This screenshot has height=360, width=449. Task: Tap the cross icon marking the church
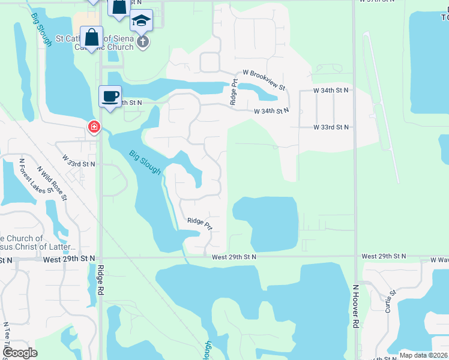(142, 41)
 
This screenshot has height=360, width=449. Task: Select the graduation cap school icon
(142, 20)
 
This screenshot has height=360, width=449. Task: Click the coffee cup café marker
(110, 97)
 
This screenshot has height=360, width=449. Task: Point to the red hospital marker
(94, 127)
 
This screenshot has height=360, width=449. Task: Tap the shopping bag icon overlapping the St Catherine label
(92, 37)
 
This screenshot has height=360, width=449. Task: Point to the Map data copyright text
(423, 355)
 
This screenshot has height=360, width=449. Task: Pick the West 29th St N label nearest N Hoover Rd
(384, 257)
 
